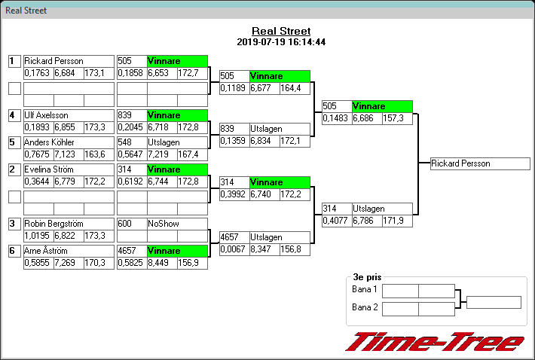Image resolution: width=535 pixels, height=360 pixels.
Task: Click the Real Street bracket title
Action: (x=281, y=32)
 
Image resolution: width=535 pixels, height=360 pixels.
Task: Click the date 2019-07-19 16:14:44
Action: (x=281, y=42)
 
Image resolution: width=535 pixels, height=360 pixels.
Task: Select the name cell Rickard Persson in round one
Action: (x=69, y=61)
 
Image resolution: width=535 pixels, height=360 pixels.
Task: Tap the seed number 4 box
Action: (x=14, y=115)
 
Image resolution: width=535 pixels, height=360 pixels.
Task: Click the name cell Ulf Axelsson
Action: (x=69, y=115)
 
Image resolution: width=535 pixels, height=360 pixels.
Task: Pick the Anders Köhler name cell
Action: (x=69, y=142)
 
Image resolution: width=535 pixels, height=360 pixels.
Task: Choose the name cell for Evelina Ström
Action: (x=69, y=169)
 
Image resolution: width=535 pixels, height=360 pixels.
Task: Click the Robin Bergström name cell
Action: (x=69, y=224)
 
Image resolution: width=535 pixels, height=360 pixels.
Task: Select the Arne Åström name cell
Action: (x=69, y=251)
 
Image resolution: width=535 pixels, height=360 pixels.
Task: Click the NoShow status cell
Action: (x=177, y=224)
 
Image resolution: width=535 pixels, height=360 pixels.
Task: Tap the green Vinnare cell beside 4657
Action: (x=177, y=251)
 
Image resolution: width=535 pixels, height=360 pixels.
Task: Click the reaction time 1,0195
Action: (x=38, y=236)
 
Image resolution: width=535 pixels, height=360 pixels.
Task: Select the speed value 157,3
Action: (x=397, y=118)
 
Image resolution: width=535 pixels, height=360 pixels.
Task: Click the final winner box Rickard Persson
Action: (x=480, y=163)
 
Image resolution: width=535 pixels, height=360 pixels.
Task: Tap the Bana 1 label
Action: (x=365, y=290)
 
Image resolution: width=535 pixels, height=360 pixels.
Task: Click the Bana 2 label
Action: (x=365, y=307)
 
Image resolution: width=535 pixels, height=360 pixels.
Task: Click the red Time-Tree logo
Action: (x=435, y=341)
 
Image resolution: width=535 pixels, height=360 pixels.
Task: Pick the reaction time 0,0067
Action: (x=234, y=249)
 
